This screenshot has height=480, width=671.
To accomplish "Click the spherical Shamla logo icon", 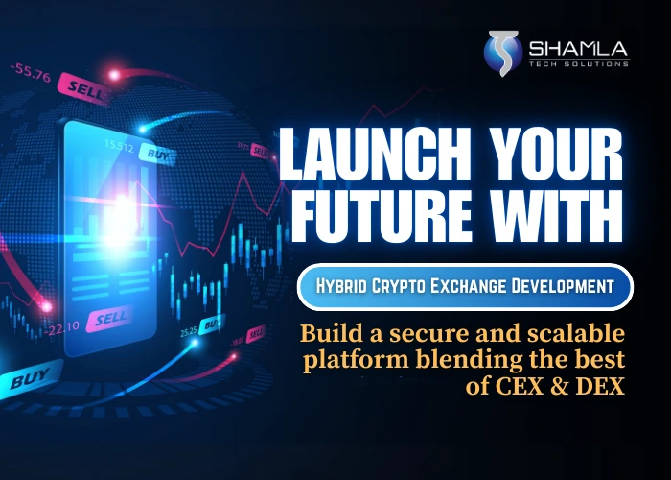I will (499, 52).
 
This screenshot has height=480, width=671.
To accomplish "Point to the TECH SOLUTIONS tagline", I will (578, 63).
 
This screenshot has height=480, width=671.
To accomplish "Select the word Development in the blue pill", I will (567, 287).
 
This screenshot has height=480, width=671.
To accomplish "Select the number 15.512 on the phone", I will (118, 146).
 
